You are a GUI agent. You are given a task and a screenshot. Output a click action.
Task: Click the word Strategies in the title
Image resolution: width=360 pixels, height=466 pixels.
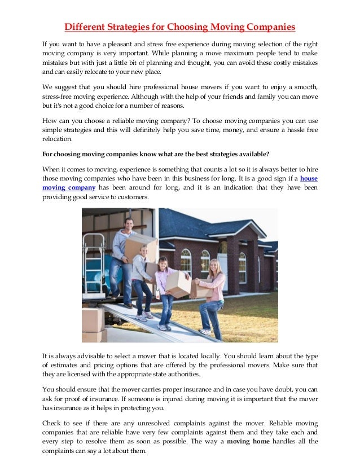pos(130,27)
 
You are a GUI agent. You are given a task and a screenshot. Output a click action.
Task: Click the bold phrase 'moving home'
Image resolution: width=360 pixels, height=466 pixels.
pos(247,441)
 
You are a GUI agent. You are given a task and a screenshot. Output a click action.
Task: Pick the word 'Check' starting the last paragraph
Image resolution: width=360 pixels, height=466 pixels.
pos(53,423)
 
